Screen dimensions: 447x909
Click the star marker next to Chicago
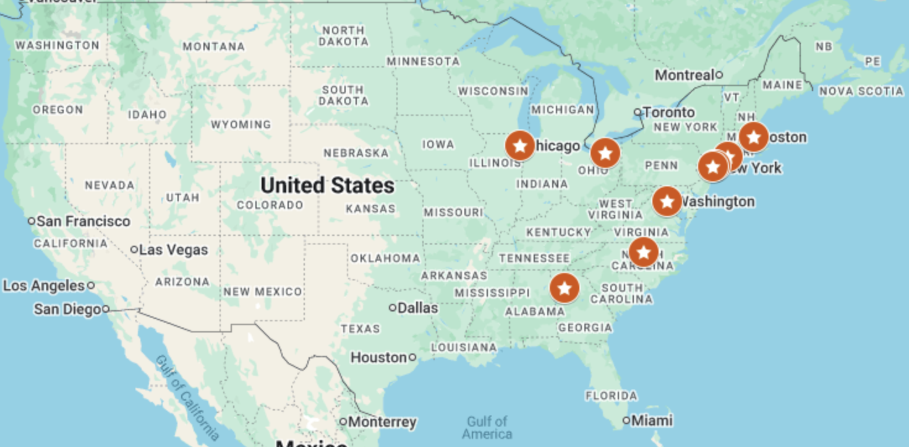[520, 146]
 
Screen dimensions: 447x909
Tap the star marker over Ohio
[605, 154]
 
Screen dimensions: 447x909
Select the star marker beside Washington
[667, 201]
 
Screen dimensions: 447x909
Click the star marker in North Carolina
[644, 252]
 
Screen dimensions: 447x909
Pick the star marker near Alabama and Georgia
[564, 288]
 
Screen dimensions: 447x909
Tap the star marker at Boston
[753, 137]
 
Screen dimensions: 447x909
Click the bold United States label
[327, 185]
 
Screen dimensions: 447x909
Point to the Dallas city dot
[393, 308]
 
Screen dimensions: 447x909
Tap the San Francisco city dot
[32, 221]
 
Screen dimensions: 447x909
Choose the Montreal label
[685, 75]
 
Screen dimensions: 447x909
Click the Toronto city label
[668, 112]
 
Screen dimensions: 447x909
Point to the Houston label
[378, 357]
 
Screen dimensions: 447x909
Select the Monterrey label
[382, 422]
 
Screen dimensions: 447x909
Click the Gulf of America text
[487, 427]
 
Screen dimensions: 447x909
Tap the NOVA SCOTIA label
[861, 92]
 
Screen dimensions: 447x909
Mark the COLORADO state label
[270, 205]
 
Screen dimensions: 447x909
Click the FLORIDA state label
[611, 395]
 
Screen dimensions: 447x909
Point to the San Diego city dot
[106, 309]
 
